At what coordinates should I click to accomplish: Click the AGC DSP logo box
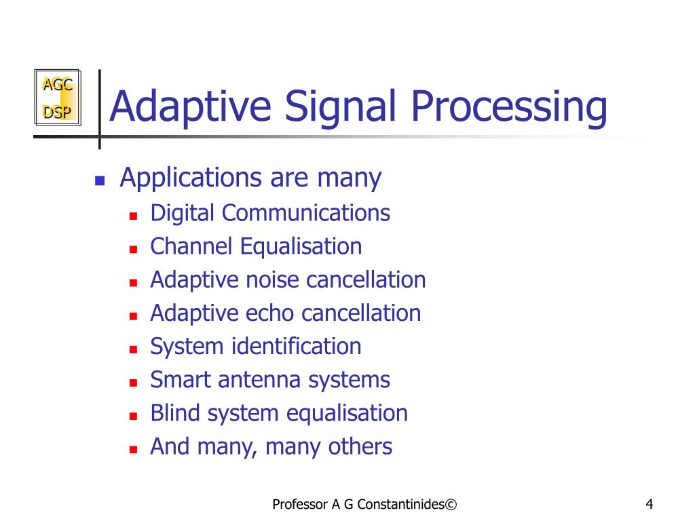tap(58, 98)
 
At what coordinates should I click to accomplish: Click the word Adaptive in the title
tap(191, 107)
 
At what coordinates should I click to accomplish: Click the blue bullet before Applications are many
tap(99, 181)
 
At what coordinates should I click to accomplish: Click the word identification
tap(297, 347)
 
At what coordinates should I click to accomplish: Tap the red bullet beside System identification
tap(134, 349)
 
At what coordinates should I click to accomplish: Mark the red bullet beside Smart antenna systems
tap(134, 383)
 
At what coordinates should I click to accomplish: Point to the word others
tap(360, 447)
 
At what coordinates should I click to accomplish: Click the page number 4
tap(650, 504)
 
